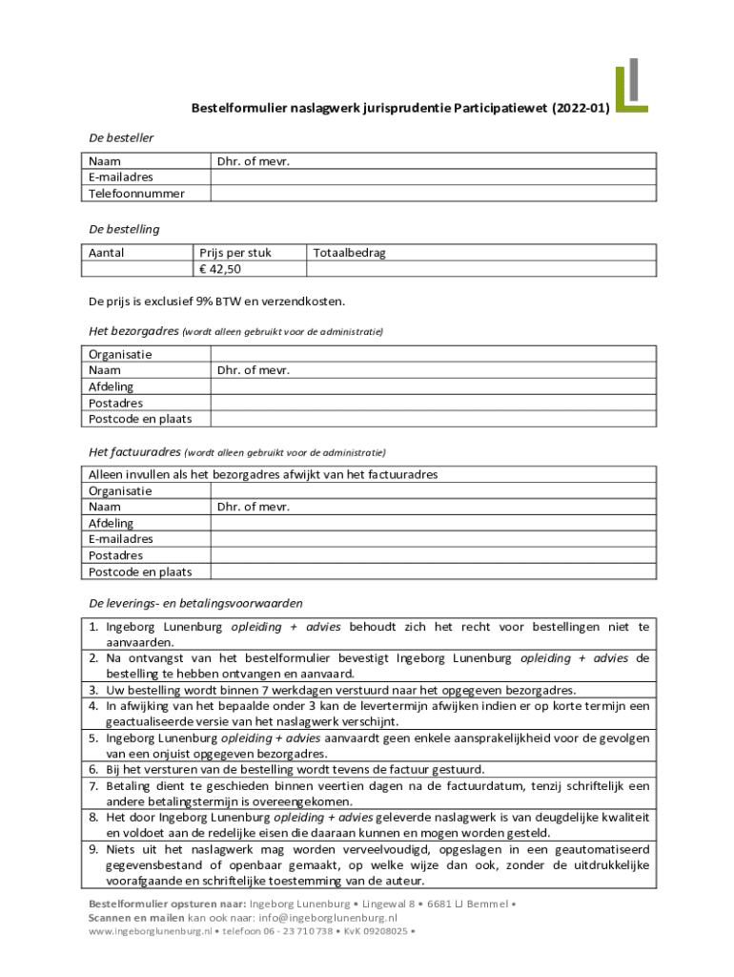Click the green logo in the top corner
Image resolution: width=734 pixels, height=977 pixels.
(x=631, y=86)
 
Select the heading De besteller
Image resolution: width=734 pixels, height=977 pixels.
(x=121, y=137)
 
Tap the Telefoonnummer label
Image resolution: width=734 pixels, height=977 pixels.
(x=136, y=194)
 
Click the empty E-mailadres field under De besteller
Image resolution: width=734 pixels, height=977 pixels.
(x=433, y=177)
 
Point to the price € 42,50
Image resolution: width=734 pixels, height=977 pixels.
(x=219, y=269)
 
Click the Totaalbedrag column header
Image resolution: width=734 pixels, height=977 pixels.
(x=350, y=253)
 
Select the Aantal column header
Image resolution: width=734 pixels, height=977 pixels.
(x=107, y=253)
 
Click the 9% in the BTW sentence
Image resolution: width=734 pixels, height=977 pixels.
(x=208, y=301)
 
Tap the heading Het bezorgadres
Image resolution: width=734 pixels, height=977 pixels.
(x=133, y=331)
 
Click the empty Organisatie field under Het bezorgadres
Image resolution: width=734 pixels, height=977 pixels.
(x=433, y=354)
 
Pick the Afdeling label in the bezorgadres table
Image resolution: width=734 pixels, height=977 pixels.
(x=111, y=386)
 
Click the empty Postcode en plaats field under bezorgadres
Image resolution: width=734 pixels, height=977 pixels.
(x=433, y=419)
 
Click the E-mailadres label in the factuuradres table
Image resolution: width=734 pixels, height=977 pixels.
(x=121, y=539)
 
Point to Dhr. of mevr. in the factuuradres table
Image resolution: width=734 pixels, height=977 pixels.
(x=253, y=507)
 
